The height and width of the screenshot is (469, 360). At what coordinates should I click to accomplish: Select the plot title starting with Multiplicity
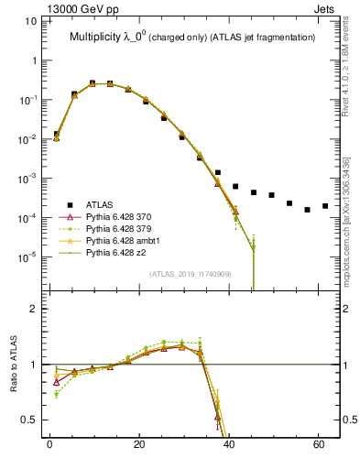pyautogui.click(x=192, y=37)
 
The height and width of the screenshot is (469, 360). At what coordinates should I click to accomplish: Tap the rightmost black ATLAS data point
pyautogui.click(x=325, y=206)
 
